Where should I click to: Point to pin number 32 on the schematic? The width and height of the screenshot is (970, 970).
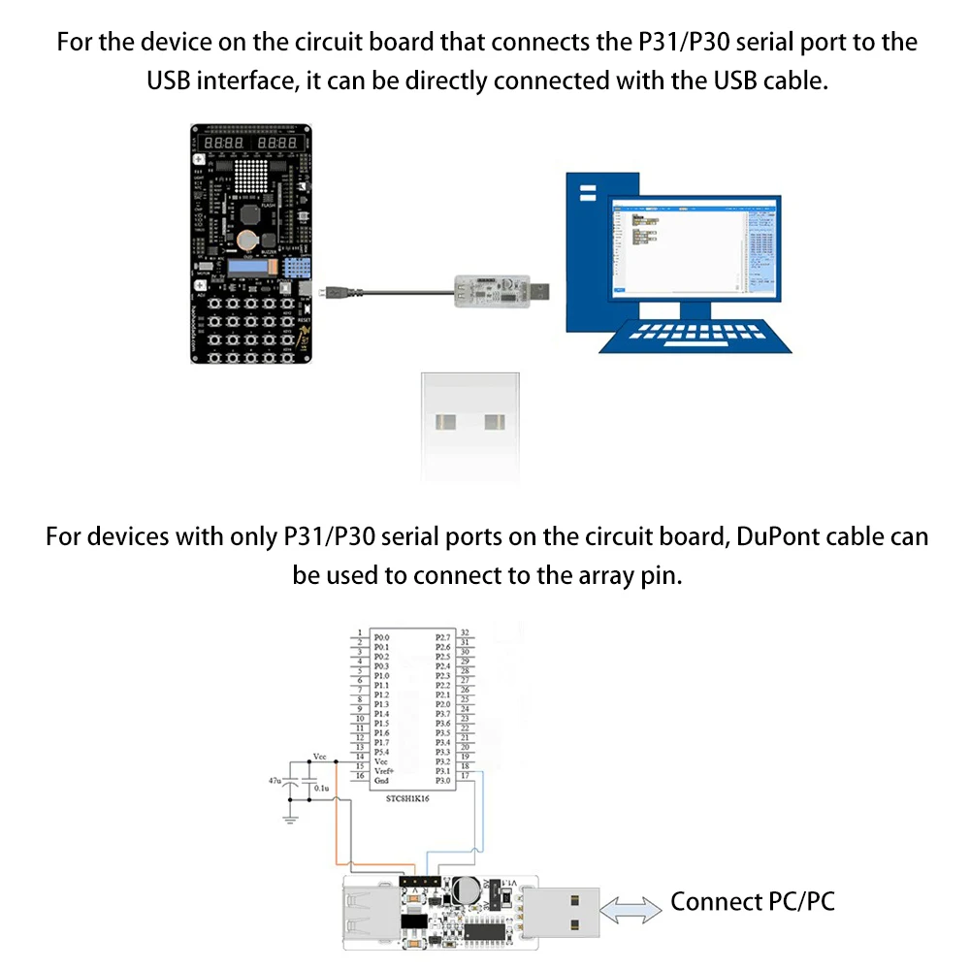466,631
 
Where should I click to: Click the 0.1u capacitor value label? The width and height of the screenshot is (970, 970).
321,789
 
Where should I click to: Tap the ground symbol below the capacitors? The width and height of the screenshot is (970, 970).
289,820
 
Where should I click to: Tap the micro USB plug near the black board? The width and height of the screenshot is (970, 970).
336,290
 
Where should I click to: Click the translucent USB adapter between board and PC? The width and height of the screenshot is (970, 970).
495,287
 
